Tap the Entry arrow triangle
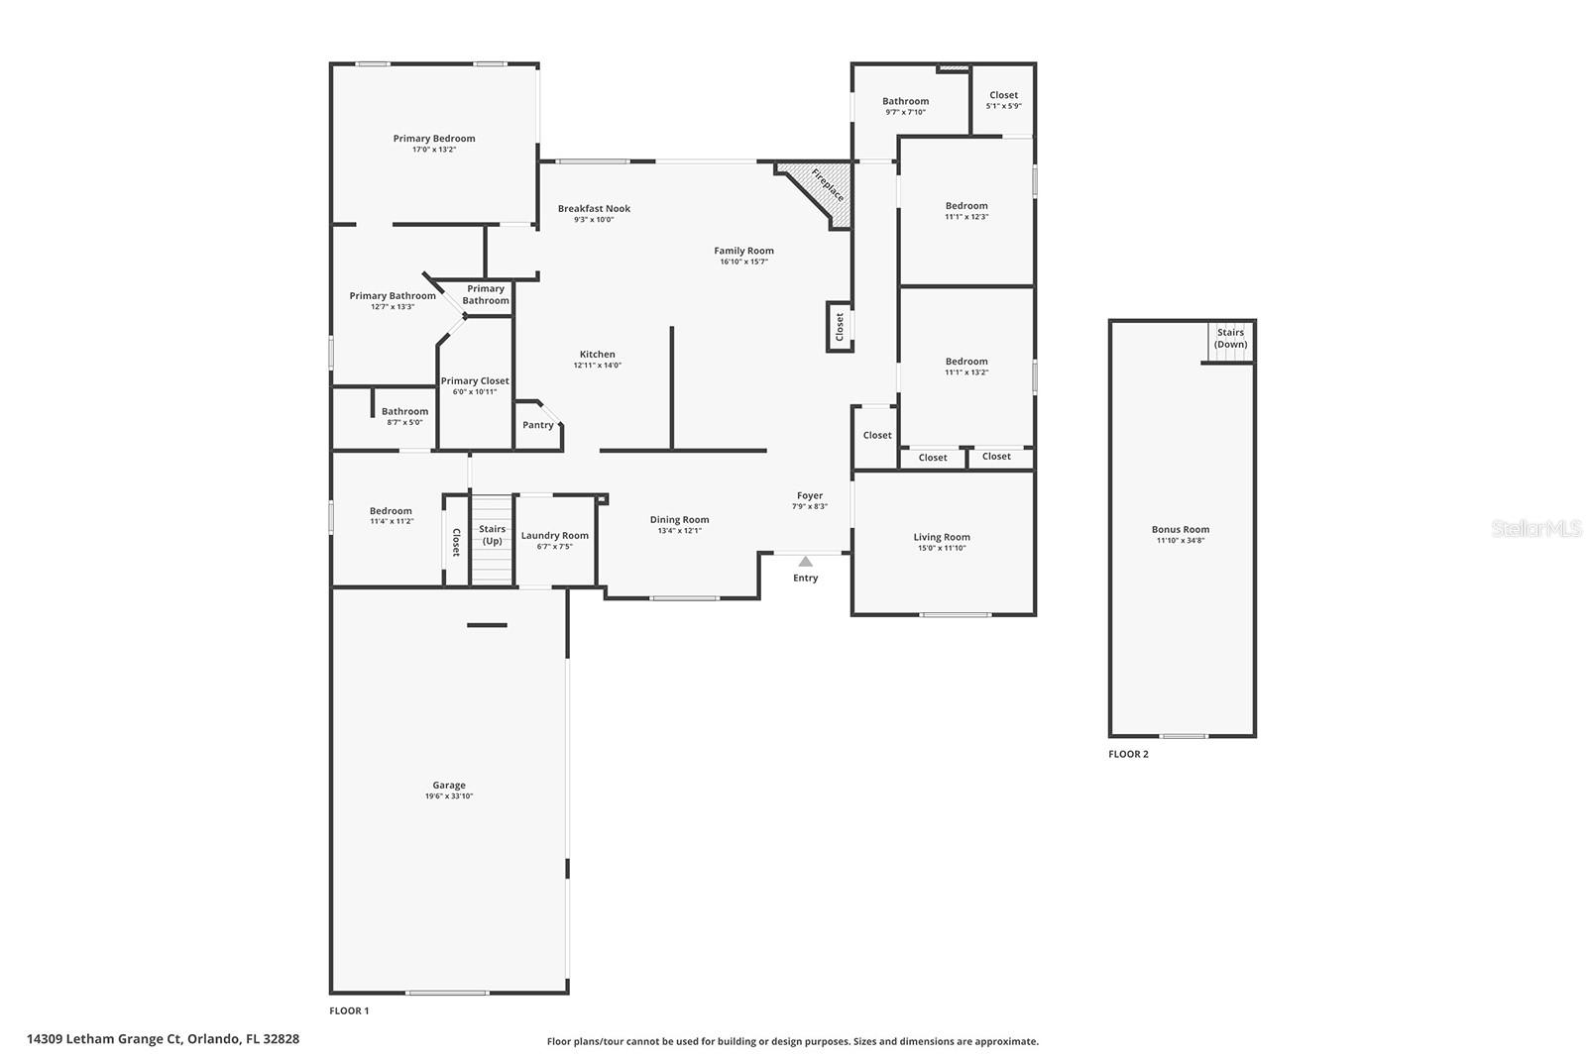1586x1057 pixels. pyautogui.click(x=806, y=562)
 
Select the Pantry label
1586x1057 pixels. pyautogui.click(x=538, y=425)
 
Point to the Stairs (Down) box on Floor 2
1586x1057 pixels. pyautogui.click(x=1230, y=340)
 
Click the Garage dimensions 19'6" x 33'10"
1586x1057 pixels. pyautogui.click(x=448, y=796)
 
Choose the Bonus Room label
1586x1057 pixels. pyautogui.click(x=1180, y=529)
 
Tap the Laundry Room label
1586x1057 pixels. pyautogui.click(x=554, y=535)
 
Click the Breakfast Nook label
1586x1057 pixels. pyautogui.click(x=594, y=208)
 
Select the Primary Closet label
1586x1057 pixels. pyautogui.click(x=475, y=380)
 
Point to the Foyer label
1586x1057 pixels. pyautogui.click(x=810, y=495)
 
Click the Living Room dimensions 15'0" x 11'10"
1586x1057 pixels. pyautogui.click(x=942, y=548)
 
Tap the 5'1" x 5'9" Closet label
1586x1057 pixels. pyautogui.click(x=1003, y=95)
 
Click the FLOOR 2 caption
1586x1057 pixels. pyautogui.click(x=1128, y=754)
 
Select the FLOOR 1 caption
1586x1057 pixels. pyautogui.click(x=349, y=1010)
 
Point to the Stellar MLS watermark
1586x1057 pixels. pyautogui.click(x=1536, y=529)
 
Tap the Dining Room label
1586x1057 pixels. pyautogui.click(x=679, y=519)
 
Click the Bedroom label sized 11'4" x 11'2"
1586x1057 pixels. pyautogui.click(x=391, y=511)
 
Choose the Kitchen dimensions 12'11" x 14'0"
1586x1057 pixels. pyautogui.click(x=597, y=366)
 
